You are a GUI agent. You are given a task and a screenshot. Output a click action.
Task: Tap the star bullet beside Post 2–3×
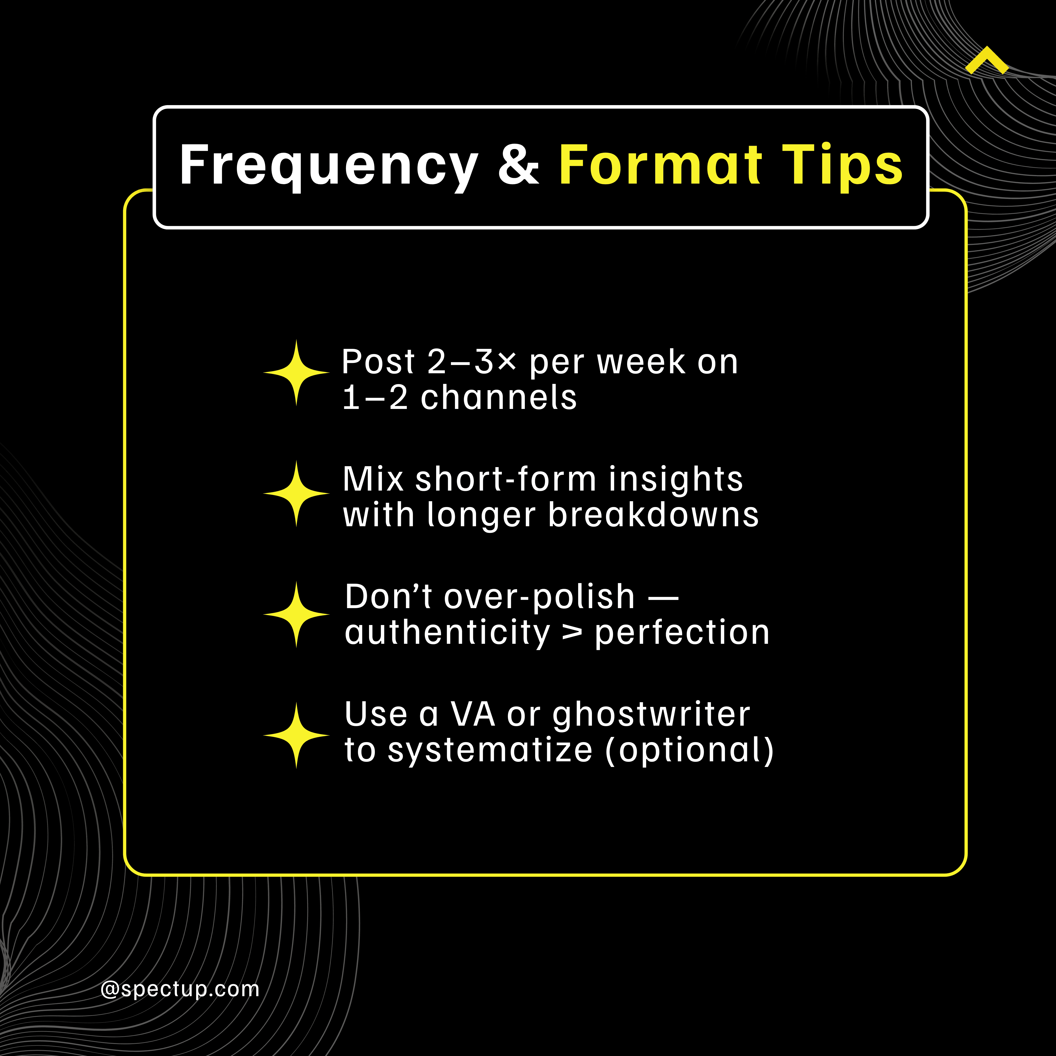296,373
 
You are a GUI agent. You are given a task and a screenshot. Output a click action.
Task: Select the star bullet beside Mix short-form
296,494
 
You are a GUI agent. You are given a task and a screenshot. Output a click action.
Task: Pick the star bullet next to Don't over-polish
296,614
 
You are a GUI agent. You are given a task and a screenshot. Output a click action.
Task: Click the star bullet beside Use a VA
296,736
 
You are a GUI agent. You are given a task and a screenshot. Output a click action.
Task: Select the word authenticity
447,633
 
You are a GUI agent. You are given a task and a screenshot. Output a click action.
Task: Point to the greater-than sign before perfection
572,633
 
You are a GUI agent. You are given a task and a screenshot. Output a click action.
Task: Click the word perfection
682,633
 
